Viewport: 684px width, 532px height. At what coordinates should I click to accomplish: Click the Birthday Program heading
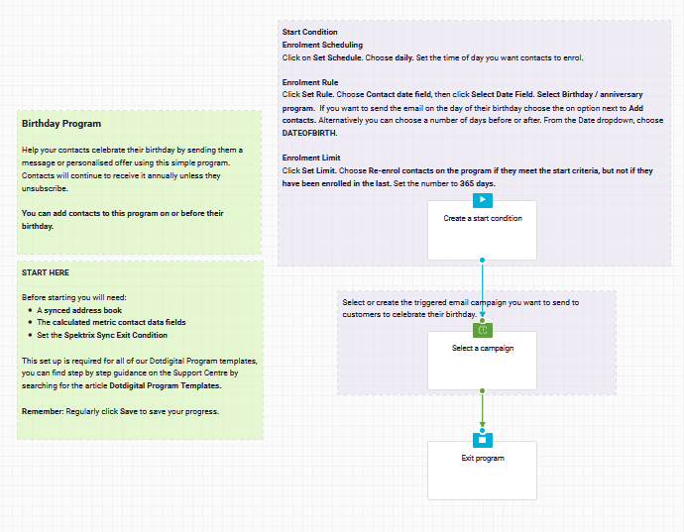[x=61, y=124]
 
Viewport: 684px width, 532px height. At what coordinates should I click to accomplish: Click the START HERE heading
[x=46, y=272]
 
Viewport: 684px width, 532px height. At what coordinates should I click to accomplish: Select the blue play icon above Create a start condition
[x=483, y=200]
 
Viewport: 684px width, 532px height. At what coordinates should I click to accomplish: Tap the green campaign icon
[x=483, y=330]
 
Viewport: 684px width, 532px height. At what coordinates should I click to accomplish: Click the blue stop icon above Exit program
[x=483, y=440]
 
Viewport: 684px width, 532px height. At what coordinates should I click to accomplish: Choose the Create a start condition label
[x=483, y=218]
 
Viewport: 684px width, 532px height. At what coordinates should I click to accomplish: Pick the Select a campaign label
[x=483, y=348]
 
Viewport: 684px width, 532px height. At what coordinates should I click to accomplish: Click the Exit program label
[x=483, y=458]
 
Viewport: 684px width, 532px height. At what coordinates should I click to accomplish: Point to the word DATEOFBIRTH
[x=309, y=133]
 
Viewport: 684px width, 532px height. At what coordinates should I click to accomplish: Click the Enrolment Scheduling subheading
[x=322, y=45]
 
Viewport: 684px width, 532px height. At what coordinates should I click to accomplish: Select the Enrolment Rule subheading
[x=310, y=82]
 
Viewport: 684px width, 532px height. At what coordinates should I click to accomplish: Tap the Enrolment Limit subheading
[x=311, y=158]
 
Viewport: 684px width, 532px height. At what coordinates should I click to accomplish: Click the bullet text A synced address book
[x=79, y=310]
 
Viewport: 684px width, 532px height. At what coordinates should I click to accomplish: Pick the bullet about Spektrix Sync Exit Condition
[x=102, y=335]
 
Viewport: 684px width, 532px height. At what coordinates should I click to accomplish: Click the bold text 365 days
[x=477, y=183]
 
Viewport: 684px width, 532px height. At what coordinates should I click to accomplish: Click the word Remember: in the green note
[x=43, y=411]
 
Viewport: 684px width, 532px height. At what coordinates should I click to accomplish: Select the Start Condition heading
[x=309, y=32]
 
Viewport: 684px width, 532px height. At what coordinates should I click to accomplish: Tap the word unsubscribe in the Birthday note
[x=44, y=188]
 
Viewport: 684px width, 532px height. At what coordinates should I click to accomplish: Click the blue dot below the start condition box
[x=482, y=260]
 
